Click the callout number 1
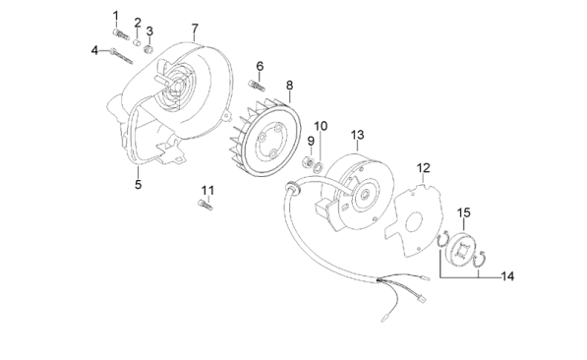click(116, 16)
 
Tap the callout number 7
click(195, 29)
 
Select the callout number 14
click(507, 276)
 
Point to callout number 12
click(424, 168)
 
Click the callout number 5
click(138, 184)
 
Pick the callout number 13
click(358, 135)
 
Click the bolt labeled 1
click(121, 34)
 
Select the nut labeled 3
click(148, 49)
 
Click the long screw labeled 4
click(121, 56)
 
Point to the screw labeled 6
click(257, 85)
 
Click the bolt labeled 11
click(205, 205)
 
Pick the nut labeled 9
click(308, 162)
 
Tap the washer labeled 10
click(318, 167)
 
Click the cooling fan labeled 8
click(264, 138)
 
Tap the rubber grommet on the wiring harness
click(291, 187)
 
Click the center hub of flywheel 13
click(365, 195)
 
